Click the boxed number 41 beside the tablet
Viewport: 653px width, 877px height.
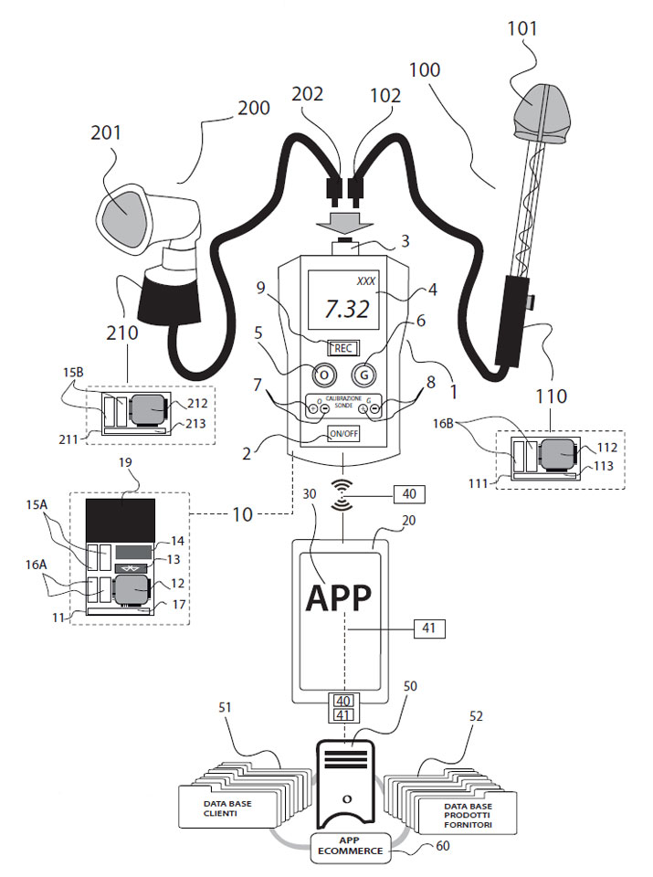point(426,628)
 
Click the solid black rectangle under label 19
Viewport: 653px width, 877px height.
point(120,519)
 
